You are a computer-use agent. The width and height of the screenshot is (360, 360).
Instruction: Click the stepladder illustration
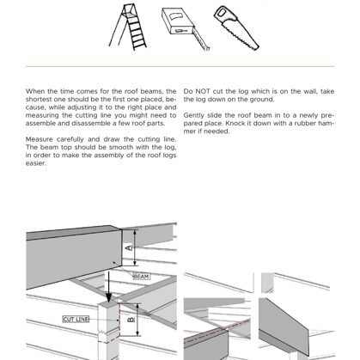coord(128,27)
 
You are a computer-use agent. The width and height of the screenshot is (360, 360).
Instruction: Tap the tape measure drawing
coord(185,28)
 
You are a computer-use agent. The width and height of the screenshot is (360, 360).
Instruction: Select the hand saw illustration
coord(236,27)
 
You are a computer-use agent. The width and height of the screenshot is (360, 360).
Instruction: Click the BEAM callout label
coord(141,277)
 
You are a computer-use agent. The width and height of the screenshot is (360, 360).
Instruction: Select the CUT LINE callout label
coord(76,319)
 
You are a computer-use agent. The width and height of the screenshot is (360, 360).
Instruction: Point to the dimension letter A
coord(130,247)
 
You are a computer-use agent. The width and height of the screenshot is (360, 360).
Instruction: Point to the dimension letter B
coord(131,320)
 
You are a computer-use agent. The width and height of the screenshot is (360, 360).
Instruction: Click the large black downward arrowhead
coord(109,297)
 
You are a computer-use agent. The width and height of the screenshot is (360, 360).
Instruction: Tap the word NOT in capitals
coord(203,91)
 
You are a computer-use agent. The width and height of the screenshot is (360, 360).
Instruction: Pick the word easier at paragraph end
coord(36,163)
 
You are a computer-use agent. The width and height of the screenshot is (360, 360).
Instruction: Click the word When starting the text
coord(34,91)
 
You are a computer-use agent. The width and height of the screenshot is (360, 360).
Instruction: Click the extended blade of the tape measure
coord(201,40)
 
